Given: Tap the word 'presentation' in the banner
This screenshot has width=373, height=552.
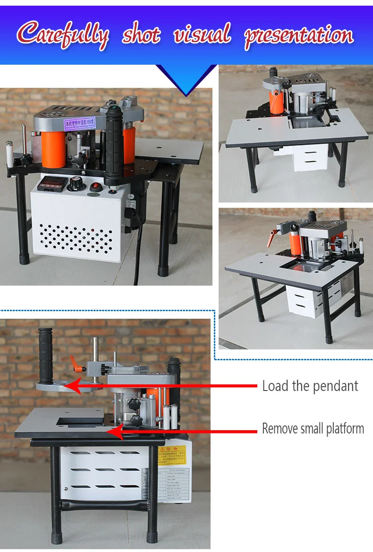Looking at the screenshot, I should (x=298, y=36).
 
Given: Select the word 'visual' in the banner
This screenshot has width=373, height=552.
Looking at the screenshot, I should (x=202, y=35).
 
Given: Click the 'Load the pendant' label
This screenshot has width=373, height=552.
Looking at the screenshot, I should (x=310, y=386).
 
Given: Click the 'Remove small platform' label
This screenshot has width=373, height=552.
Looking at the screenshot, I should (x=313, y=429).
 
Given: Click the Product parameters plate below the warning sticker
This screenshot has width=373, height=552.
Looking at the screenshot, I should (x=173, y=484).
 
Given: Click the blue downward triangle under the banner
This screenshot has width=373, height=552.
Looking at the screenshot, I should (x=186, y=80).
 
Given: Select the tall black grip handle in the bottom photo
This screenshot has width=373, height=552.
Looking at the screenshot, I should (x=46, y=355).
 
